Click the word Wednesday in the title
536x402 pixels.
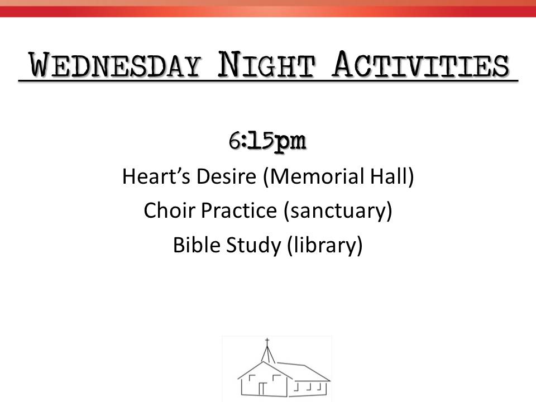pyautogui.click(x=115, y=65)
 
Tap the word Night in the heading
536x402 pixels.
pyautogui.click(x=266, y=64)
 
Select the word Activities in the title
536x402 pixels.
pyautogui.click(x=421, y=64)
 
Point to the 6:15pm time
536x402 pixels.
pyautogui.click(x=267, y=141)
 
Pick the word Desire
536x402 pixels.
pyautogui.click(x=226, y=176)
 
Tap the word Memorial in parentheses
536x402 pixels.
pyautogui.click(x=317, y=176)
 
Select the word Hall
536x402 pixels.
pyautogui.click(x=389, y=176)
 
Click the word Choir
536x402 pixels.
pyautogui.click(x=169, y=210)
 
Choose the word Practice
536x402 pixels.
pyautogui.click(x=238, y=210)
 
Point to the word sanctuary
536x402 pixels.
pyautogui.click(x=337, y=211)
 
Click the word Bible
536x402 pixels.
pyautogui.click(x=196, y=245)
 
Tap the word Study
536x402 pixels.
pyautogui.click(x=253, y=246)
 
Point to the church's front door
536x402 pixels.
pyautogui.click(x=262, y=389)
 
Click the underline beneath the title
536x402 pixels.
pyautogui.click(x=269, y=80)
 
